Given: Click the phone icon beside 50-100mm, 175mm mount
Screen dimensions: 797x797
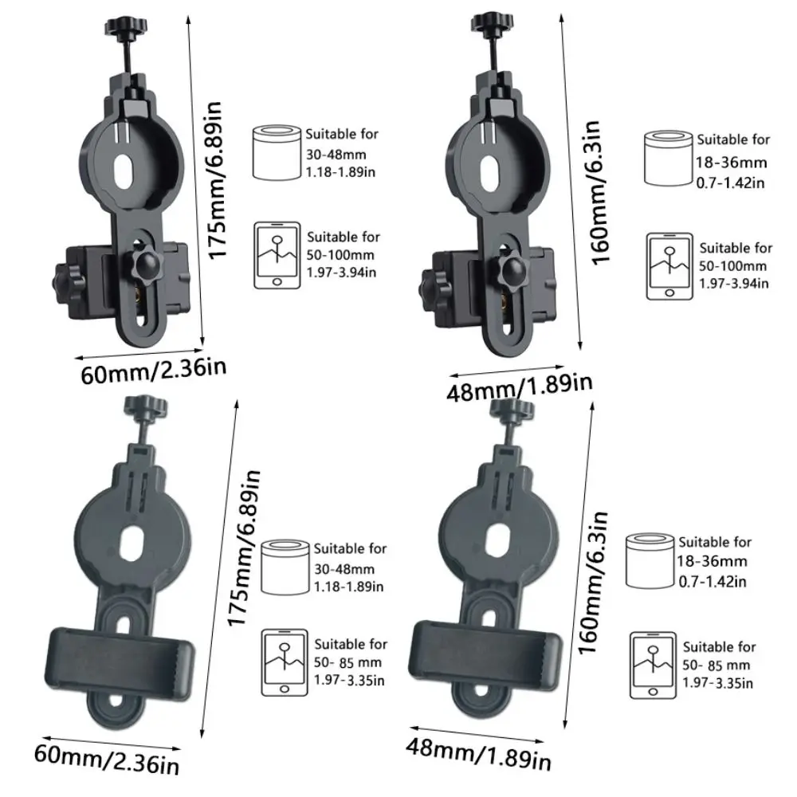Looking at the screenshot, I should (x=277, y=256).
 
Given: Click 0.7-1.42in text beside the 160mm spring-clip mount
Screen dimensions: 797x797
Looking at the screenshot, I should (x=713, y=582).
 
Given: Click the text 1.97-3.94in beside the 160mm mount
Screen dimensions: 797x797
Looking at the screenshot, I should (x=733, y=283).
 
